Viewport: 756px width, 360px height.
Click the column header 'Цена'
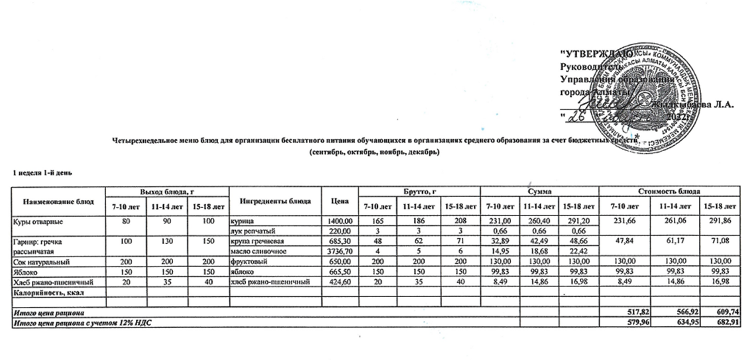coord(338,201)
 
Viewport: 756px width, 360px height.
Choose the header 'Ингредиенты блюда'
coord(272,201)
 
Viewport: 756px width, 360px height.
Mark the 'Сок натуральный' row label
coord(42,262)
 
